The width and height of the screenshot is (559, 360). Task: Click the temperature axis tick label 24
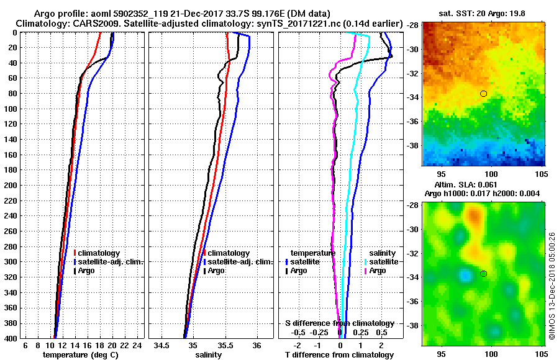tap(138, 345)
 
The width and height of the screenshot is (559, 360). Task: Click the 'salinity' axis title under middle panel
tap(209, 355)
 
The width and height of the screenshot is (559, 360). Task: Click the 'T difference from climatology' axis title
tap(339, 355)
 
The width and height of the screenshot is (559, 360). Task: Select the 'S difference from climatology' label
tap(339, 323)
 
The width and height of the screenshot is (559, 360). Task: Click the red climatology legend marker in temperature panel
tap(75, 253)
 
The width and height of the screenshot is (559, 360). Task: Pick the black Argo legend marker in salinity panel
tap(204, 271)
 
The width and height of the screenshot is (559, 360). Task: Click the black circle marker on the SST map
tap(483, 94)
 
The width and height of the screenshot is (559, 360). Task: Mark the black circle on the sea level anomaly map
tap(483, 274)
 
